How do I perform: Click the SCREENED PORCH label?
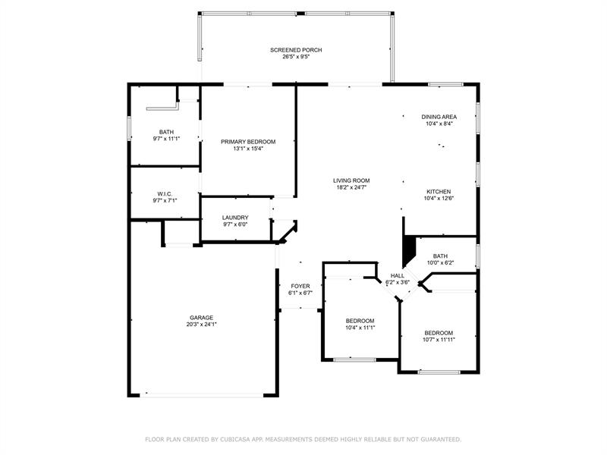coord(296,50)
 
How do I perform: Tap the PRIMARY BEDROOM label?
coord(248,142)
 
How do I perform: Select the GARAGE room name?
coord(201,318)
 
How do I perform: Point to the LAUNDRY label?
coord(235,218)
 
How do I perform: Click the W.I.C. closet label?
coord(165,193)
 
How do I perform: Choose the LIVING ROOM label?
coord(351,180)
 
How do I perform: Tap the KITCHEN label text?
coord(439,192)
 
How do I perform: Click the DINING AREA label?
coord(439,117)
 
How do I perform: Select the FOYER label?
coord(300,286)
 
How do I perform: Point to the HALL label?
coord(398,275)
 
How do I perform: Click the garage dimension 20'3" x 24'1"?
coord(201,325)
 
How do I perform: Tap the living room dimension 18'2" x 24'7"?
coord(351,187)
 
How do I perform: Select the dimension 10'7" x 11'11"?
coord(439,340)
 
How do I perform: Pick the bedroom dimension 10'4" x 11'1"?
coord(360,328)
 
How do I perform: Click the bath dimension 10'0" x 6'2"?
coord(440,262)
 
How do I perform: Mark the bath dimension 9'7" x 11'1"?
coord(166,139)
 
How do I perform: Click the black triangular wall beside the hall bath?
coord(408,251)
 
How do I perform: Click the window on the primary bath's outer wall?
coord(129,128)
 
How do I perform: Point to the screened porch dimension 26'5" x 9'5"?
coord(296,56)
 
